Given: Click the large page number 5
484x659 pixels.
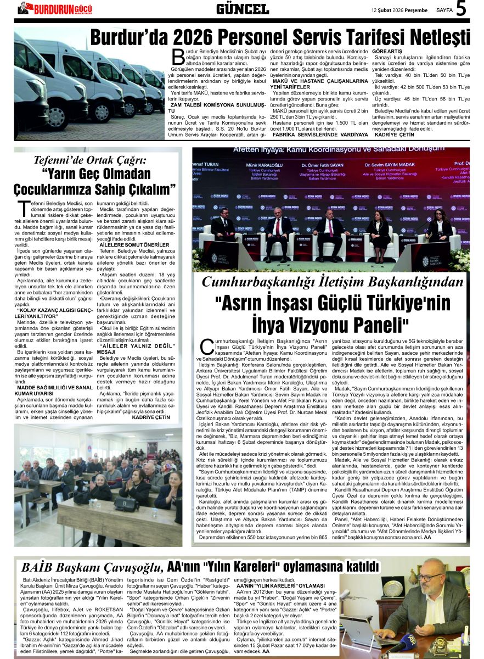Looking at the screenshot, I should click(x=461, y=9).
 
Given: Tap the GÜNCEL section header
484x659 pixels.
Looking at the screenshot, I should click(x=242, y=9).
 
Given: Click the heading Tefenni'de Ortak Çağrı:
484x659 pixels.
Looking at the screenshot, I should click(x=91, y=161).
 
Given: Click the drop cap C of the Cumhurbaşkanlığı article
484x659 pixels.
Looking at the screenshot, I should click(x=207, y=346).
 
